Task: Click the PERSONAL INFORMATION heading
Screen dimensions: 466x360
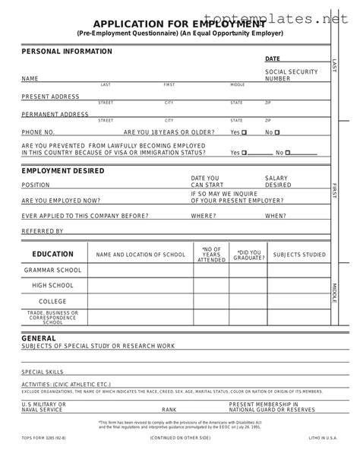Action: pyautogui.click(x=67, y=52)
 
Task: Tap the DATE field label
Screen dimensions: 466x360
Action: pyautogui.click(x=272, y=59)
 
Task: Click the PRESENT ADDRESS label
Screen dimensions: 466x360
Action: pyautogui.click(x=50, y=97)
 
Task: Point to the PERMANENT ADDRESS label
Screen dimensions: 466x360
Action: pyautogui.click(x=55, y=114)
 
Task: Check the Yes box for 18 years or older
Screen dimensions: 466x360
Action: pyautogui.click(x=245, y=132)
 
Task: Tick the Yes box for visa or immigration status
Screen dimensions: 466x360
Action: pyautogui.click(x=245, y=152)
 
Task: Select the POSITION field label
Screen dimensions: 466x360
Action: pyautogui.click(x=36, y=185)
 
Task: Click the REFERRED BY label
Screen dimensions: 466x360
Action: pyautogui.click(x=43, y=231)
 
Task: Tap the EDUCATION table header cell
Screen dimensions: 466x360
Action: pyautogui.click(x=52, y=254)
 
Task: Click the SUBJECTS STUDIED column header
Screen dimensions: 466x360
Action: pyautogui.click(x=298, y=254)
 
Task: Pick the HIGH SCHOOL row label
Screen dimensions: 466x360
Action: pyautogui.click(x=52, y=285)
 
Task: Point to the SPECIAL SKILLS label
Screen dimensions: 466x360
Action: pyautogui.click(x=43, y=372)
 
